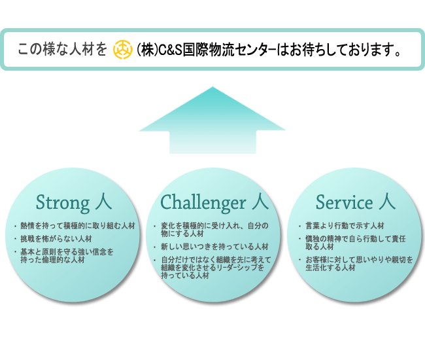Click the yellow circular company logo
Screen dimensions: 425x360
(x=123, y=50)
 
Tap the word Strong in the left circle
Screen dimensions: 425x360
(x=63, y=203)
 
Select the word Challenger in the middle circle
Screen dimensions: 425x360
(x=203, y=203)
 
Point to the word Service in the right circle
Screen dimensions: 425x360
(x=344, y=202)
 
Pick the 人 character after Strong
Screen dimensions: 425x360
(x=103, y=202)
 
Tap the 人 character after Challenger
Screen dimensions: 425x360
(x=260, y=202)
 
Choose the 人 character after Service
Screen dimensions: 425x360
(x=387, y=202)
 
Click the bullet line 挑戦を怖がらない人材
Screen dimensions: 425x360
(x=56, y=239)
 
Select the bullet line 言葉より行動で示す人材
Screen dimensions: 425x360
(x=345, y=226)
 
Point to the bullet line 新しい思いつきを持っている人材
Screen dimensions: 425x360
(x=214, y=247)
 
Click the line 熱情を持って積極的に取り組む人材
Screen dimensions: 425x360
(x=78, y=226)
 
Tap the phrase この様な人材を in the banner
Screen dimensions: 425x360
(x=62, y=49)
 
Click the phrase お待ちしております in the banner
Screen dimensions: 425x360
(x=338, y=50)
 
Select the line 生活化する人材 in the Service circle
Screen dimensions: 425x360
(x=330, y=268)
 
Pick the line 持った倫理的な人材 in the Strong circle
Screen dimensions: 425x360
(x=53, y=260)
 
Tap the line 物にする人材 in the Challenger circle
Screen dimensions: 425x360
(x=182, y=234)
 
